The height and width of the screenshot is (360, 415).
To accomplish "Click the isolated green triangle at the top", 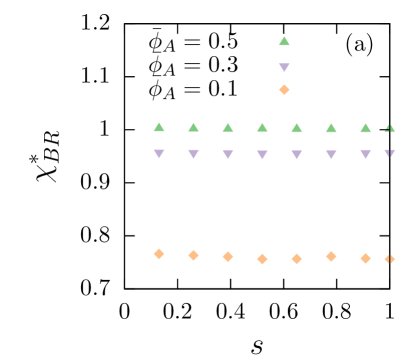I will click(284, 41).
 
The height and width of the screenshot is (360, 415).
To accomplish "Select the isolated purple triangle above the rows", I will click(284, 68).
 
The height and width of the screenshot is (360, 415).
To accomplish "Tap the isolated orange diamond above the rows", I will click(284, 90).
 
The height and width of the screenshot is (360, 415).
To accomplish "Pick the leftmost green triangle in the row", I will click(159, 127).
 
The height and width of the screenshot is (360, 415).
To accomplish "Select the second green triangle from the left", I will click(193, 127).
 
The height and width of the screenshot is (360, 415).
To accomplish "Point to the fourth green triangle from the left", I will click(262, 127).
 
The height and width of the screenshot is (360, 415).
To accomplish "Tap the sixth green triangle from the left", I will click(331, 127).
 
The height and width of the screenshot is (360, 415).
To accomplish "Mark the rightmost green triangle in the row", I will click(389, 128).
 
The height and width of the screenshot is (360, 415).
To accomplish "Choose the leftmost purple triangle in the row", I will click(159, 154).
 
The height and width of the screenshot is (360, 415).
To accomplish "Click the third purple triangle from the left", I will click(228, 154).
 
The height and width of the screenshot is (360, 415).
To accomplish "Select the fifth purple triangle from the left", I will click(296, 154).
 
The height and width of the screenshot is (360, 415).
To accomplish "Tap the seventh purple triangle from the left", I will click(365, 154).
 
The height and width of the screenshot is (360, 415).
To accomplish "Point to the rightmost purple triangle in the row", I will click(389, 153).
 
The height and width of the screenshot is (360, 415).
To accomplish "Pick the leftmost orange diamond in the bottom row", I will click(159, 254).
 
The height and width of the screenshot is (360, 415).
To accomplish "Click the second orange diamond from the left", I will click(193, 255).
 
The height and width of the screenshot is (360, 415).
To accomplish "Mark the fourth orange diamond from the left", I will click(262, 259).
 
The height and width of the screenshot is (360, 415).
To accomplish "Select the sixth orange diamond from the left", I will click(331, 256).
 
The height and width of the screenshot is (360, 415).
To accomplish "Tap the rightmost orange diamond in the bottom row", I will click(389, 259).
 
